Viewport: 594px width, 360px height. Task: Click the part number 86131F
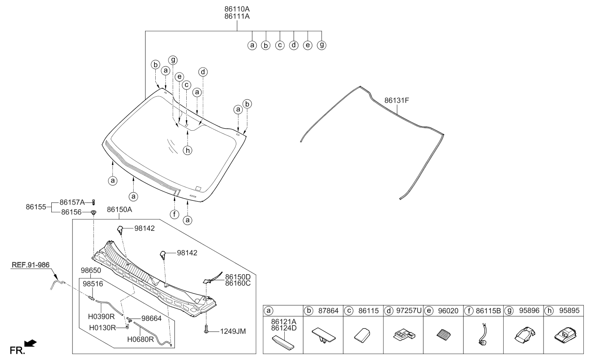[396, 100]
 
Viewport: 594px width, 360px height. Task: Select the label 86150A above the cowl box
[119, 210]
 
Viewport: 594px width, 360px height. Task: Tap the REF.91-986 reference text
[31, 265]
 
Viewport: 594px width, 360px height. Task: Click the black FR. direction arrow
[31, 343]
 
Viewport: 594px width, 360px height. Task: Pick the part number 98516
[92, 284]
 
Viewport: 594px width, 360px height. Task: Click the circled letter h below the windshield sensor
[188, 151]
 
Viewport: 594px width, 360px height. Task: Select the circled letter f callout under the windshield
[174, 214]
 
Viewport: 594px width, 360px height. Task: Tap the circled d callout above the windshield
[203, 72]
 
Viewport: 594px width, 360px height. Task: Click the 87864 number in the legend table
[328, 311]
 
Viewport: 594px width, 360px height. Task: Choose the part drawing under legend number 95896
[525, 335]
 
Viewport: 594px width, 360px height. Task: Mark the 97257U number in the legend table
[409, 311]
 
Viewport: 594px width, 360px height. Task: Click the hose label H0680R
[140, 339]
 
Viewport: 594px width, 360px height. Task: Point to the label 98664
[151, 318]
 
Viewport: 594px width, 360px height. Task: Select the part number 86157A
[72, 202]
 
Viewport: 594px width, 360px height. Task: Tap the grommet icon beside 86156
[93, 212]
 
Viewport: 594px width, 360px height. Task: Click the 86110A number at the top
[237, 9]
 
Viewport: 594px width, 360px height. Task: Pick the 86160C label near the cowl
[238, 283]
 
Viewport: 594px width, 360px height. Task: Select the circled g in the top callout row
[322, 45]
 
